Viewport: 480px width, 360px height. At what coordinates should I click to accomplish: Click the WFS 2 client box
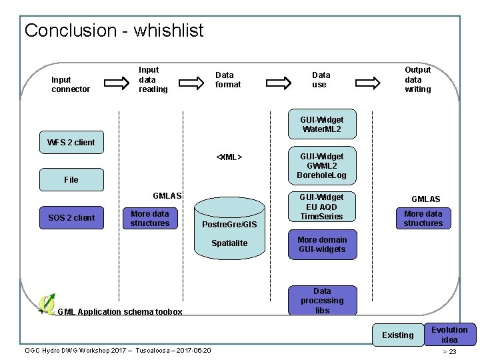pyautogui.click(x=71, y=142)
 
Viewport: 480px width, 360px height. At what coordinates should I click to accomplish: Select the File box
pyautogui.click(x=71, y=179)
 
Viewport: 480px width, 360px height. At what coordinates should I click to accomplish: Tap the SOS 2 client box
pyautogui.click(x=71, y=218)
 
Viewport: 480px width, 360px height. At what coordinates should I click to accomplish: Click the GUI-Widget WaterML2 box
pyautogui.click(x=322, y=125)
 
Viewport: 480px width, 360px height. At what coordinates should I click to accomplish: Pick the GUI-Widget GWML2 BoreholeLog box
pyautogui.click(x=322, y=166)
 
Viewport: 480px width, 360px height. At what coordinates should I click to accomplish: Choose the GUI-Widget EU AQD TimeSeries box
pyautogui.click(x=321, y=207)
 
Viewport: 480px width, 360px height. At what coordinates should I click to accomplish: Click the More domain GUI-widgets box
pyautogui.click(x=322, y=245)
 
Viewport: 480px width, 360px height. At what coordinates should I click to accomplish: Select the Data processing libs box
pyautogui.click(x=322, y=301)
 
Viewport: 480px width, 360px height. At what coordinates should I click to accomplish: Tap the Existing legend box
pyautogui.click(x=397, y=335)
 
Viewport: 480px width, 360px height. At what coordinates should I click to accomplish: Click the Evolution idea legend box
pyautogui.click(x=449, y=335)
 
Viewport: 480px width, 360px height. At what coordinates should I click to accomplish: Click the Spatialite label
pyautogui.click(x=229, y=243)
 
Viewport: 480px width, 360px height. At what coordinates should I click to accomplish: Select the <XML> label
pyautogui.click(x=229, y=158)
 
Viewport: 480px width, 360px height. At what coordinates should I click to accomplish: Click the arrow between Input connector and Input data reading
pyautogui.click(x=116, y=83)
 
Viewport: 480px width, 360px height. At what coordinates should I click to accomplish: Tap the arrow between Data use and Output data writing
pyautogui.click(x=376, y=83)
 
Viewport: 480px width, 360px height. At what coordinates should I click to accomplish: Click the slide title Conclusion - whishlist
pyautogui.click(x=114, y=31)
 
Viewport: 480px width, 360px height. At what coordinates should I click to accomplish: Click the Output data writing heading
pyautogui.click(x=418, y=79)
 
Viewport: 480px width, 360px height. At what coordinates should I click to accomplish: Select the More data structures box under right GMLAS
pyautogui.click(x=423, y=219)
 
